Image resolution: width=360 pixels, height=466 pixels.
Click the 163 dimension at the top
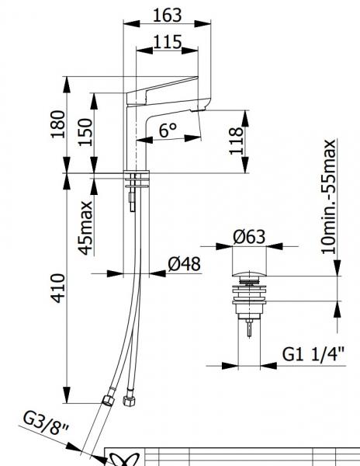[167, 15]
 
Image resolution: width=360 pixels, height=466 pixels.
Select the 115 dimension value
[168, 42]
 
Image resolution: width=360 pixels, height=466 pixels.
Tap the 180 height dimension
[57, 124]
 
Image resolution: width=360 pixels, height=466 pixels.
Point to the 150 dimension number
[85, 132]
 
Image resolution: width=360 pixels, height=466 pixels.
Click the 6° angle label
[168, 130]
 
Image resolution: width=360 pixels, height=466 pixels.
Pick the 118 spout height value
[236, 141]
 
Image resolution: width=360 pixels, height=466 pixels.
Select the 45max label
[85, 228]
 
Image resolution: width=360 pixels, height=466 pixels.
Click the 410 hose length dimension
[57, 288]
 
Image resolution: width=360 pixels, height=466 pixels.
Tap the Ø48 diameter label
[184, 264]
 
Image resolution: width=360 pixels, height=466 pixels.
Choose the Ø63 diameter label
[249, 237]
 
